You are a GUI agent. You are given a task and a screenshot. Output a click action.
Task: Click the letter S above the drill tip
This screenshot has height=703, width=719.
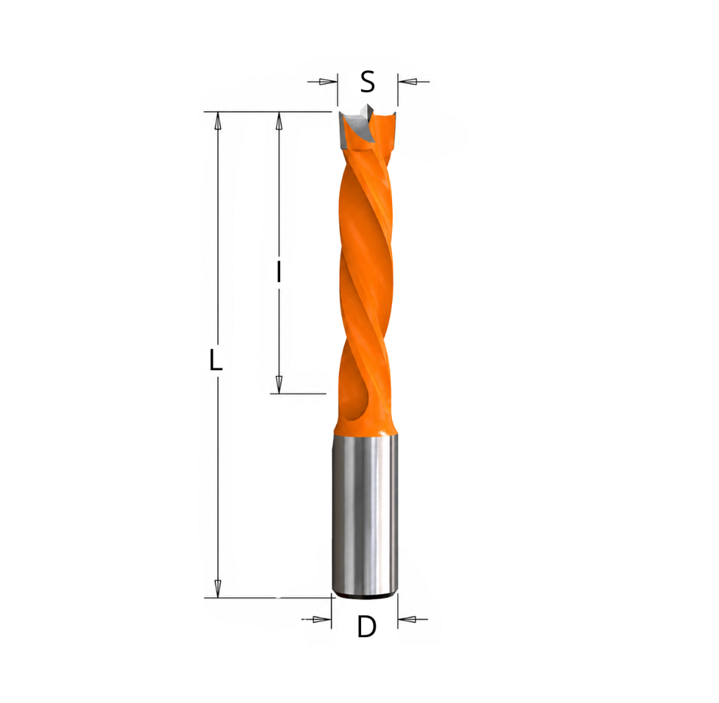pos(367,82)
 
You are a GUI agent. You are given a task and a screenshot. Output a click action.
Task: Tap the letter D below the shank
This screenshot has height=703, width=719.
pos(366,626)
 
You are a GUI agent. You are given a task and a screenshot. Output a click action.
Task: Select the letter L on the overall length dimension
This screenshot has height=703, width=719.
pos(216,359)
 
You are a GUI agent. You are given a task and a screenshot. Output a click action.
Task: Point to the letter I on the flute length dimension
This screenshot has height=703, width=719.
pos(279,272)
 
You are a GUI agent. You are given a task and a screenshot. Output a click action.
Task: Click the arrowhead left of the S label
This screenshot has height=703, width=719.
pos(328,82)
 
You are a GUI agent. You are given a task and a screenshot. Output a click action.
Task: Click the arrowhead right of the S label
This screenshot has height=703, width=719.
pos(406,82)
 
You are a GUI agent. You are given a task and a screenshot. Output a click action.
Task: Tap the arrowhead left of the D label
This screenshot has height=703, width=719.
pos(322,619)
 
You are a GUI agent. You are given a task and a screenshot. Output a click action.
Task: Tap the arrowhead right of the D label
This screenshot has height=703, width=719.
pos(406,619)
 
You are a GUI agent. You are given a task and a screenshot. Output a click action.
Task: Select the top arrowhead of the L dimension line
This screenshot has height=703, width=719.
pos(218,120)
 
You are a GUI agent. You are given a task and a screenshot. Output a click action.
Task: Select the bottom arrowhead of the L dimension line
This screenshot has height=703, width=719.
pos(218,588)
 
